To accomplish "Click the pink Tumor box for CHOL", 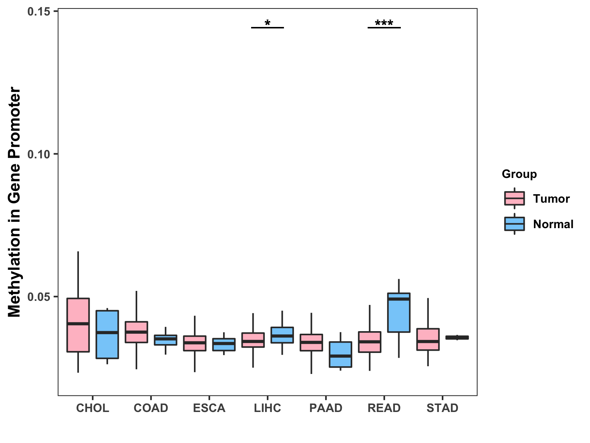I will click(78, 325).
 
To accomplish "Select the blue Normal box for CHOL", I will click(107, 334).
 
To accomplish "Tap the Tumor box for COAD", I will click(136, 332).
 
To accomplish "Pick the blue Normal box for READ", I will click(399, 313).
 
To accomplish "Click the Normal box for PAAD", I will click(340, 354).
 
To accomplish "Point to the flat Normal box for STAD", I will click(457, 337).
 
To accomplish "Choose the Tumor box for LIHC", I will click(253, 340).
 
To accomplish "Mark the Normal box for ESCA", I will click(224, 344).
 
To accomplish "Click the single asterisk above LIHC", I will click(268, 23).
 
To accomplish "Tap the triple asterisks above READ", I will click(384, 23).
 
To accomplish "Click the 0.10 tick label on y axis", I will click(39, 154).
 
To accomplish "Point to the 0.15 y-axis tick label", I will click(39, 11).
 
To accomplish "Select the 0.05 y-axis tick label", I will click(39, 297).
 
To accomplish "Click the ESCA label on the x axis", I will click(209, 408).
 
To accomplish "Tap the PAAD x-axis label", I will click(326, 408).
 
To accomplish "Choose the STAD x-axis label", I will click(442, 408).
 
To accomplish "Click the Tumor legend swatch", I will click(514, 199).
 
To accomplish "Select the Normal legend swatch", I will click(514, 224).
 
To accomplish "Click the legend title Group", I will click(519, 174).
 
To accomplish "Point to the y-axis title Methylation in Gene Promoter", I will click(14, 202).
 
